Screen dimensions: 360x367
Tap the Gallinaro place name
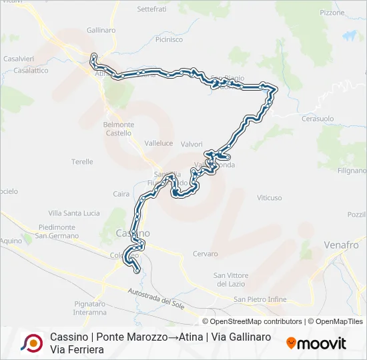click(101, 31)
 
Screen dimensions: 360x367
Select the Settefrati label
click(153, 9)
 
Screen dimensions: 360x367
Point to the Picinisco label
click(169, 39)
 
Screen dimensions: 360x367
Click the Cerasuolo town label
click(318, 118)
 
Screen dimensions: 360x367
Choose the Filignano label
click(352, 171)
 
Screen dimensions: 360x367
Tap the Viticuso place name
click(270, 198)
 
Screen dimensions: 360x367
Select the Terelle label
click(82, 161)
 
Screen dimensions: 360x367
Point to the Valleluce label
click(159, 143)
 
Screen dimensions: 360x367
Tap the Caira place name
click(121, 194)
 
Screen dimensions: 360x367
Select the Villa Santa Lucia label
click(73, 213)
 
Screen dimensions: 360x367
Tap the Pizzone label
click(332, 13)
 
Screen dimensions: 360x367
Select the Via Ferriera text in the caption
click(77, 349)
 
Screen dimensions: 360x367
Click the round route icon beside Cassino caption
click(31, 343)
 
